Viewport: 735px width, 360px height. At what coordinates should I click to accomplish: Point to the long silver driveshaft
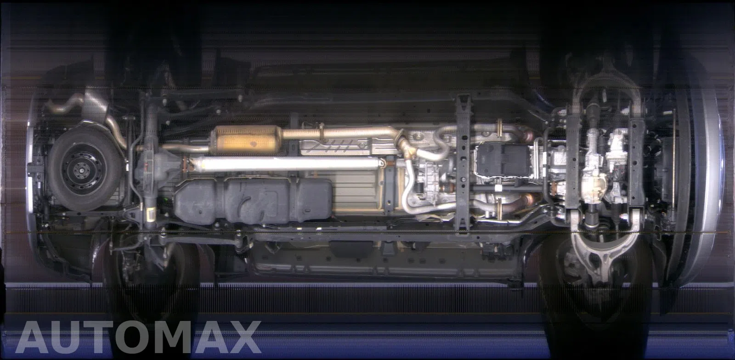tap(285, 163)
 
